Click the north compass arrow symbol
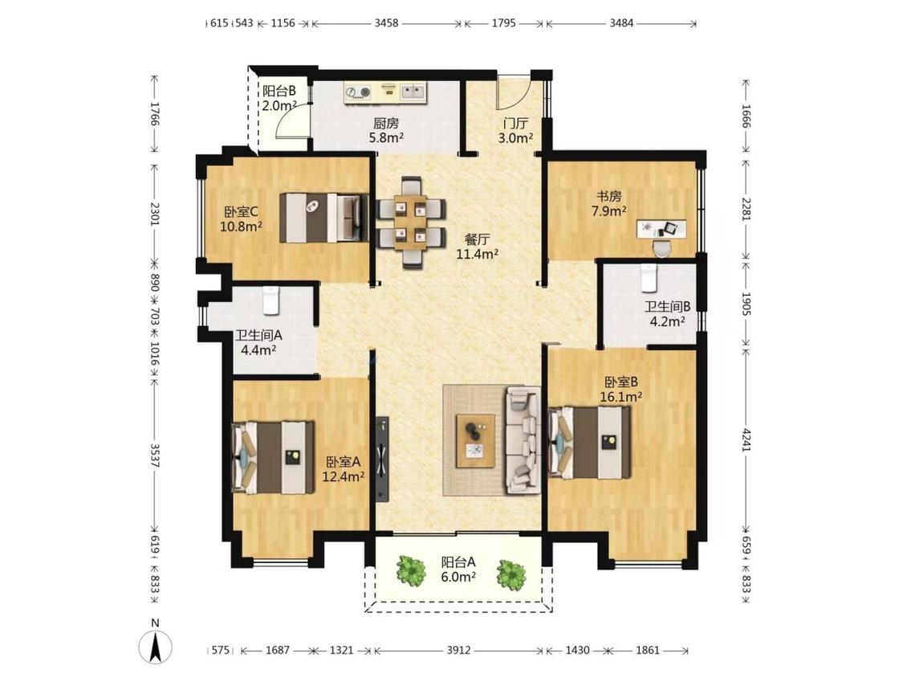click(x=155, y=646)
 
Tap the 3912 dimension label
click(x=458, y=651)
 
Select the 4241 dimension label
click(x=746, y=439)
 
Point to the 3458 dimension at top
click(x=386, y=23)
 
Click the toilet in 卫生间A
click(x=270, y=300)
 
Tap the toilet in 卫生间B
click(x=649, y=278)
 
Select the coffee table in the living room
click(x=476, y=441)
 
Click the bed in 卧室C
click(x=324, y=218)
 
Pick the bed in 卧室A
click(x=273, y=458)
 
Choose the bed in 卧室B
click(x=588, y=443)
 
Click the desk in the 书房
click(x=661, y=228)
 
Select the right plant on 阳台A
click(x=511, y=574)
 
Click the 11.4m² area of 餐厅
click(x=478, y=254)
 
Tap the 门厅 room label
click(x=515, y=124)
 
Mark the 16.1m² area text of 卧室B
click(x=620, y=397)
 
